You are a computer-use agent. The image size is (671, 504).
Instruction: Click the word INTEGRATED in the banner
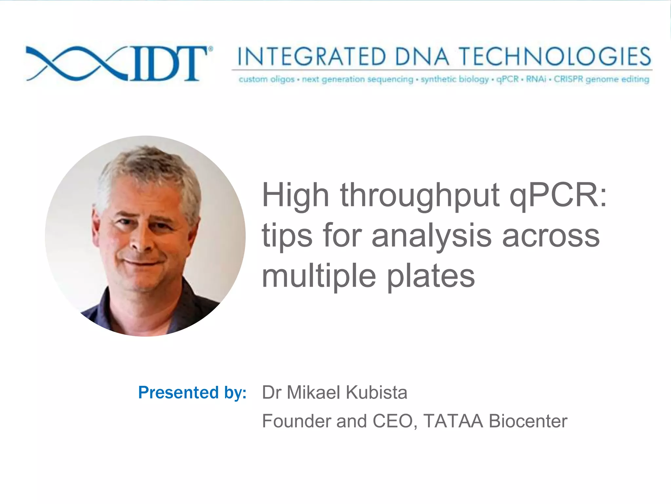pos(311,56)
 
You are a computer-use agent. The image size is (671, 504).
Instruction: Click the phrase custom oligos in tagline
pos(266,79)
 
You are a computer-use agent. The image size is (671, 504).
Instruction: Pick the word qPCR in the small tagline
pos(508,79)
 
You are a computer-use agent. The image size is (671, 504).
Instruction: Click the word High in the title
pos(295,196)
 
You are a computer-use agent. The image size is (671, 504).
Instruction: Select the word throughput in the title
pos(420,196)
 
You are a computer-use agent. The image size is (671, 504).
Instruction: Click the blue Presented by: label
pos(192,392)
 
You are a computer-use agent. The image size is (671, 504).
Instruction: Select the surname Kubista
pos(376,392)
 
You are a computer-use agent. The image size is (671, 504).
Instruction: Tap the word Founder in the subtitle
pos(297,421)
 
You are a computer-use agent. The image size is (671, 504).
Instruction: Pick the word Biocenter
pos(528,421)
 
